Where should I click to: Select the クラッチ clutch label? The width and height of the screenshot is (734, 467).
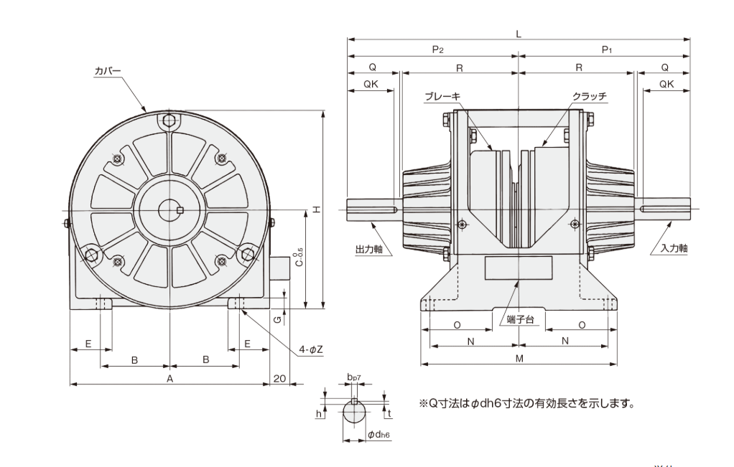coord(590,96)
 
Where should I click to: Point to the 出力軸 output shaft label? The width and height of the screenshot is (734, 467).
coord(370,250)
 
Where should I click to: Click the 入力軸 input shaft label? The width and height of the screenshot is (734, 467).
coord(674,248)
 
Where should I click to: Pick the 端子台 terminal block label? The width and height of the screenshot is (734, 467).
coord(519,319)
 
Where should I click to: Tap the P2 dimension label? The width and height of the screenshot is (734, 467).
coord(437,49)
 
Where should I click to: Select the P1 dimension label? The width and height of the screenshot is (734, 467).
coord(606,49)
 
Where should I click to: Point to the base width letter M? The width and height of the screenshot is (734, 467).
coord(518,357)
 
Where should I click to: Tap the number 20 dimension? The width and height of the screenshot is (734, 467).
coord(279,377)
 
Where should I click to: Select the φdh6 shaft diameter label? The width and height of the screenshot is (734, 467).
coord(378,435)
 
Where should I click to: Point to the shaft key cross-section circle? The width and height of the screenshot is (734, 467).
coord(355,412)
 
